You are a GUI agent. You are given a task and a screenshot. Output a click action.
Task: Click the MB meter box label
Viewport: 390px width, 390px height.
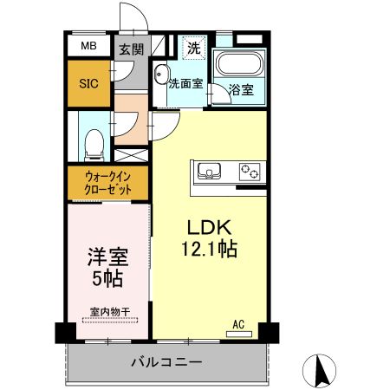click(89, 47)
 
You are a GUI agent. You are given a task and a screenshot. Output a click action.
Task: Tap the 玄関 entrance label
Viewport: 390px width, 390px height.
click(132, 49)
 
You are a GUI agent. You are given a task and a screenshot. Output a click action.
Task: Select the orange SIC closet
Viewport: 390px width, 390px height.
click(89, 83)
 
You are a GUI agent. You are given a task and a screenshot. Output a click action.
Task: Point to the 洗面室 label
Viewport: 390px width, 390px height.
click(185, 84)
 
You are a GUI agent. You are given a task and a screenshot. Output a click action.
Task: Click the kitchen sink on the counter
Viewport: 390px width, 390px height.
click(211, 170)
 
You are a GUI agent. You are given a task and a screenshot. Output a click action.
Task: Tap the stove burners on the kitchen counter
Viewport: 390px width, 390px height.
click(250, 170)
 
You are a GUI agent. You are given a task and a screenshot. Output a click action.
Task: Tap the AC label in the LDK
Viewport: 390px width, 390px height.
click(238, 325)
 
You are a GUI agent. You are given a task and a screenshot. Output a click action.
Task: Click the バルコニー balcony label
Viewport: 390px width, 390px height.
click(166, 361)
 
